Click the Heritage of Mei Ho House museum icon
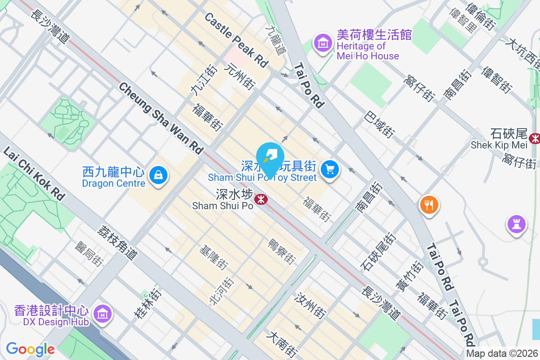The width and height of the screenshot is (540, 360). click(323, 43)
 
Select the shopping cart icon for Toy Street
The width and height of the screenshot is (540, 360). click(330, 169)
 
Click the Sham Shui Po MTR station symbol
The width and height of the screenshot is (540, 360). click(260, 198)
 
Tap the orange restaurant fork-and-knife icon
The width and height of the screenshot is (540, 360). click(429, 205)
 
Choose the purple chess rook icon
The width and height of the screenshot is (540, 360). click(517, 224)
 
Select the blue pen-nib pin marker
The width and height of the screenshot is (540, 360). click(270, 157)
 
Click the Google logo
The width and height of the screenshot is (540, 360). click(30, 349)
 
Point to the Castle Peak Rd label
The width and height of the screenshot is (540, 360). click(236, 40)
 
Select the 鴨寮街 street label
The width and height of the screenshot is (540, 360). click(282, 251)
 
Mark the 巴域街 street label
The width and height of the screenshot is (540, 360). click(380, 125)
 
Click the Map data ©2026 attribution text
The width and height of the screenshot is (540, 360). click(502, 354)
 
